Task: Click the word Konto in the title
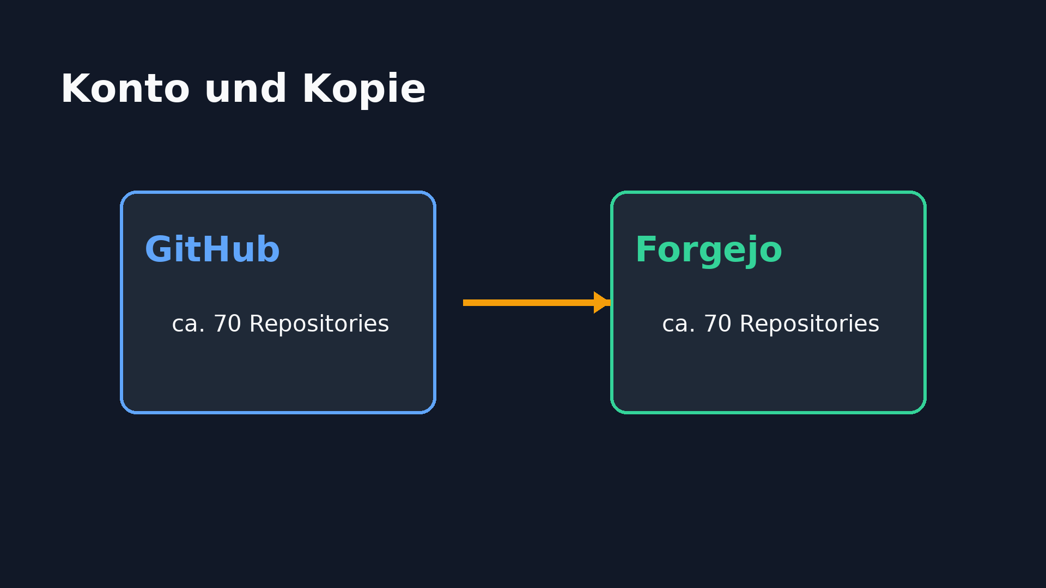pos(125,89)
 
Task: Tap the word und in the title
pos(245,89)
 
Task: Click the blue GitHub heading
pos(212,250)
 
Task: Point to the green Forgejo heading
pos(708,252)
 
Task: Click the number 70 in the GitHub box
pos(227,324)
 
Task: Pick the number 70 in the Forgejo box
pos(717,324)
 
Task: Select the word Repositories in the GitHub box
pos(319,325)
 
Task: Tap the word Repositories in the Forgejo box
pos(810,325)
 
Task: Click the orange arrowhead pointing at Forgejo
pos(602,303)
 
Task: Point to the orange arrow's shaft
pos(528,303)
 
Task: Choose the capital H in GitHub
pos(215,250)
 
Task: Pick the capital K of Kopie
pos(315,89)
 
